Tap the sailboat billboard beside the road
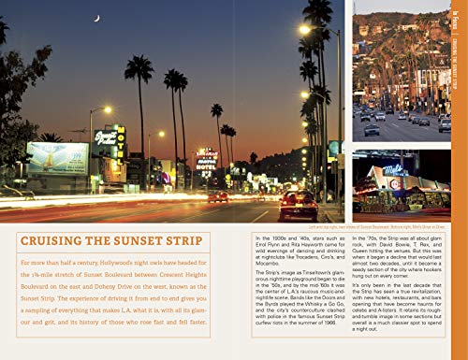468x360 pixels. tap(59, 159)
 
